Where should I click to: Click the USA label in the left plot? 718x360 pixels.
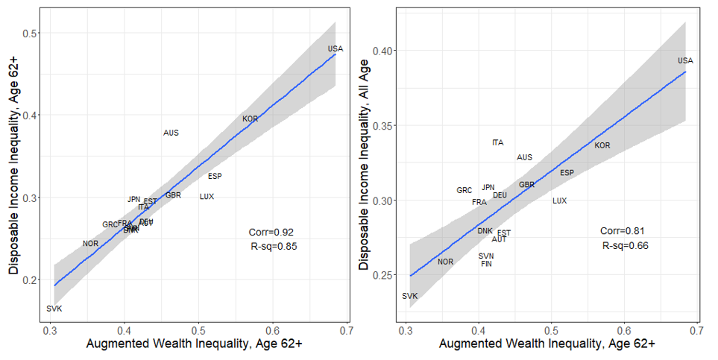pyautogui.click(x=336, y=49)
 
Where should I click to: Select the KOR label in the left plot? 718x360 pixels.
pyautogui.click(x=250, y=119)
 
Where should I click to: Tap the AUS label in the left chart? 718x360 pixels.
pyautogui.click(x=171, y=133)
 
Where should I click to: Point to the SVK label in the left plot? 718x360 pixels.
pyautogui.click(x=54, y=309)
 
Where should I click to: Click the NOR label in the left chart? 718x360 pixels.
pyautogui.click(x=90, y=244)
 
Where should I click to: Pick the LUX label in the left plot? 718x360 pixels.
pyautogui.click(x=207, y=197)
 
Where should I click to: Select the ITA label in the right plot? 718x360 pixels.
pyautogui.click(x=497, y=142)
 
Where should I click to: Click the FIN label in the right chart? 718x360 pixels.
pyautogui.click(x=486, y=264)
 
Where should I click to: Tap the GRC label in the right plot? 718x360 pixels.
pyautogui.click(x=464, y=191)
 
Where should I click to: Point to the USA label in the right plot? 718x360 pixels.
pyautogui.click(x=685, y=61)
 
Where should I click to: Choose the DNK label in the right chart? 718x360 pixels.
pyautogui.click(x=485, y=231)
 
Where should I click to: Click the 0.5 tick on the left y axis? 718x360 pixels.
pyautogui.click(x=30, y=33)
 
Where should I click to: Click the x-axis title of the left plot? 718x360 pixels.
pyautogui.click(x=195, y=344)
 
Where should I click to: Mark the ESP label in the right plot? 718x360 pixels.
pyautogui.click(x=567, y=173)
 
